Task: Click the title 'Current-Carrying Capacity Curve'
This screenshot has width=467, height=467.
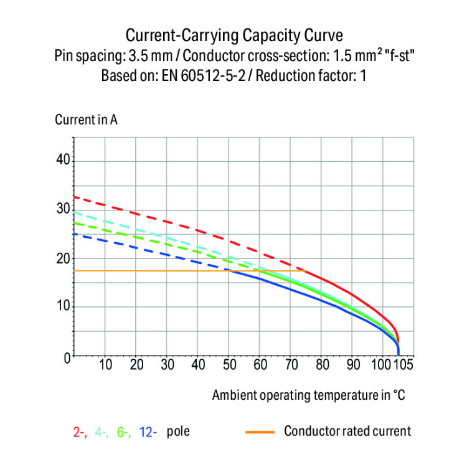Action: point(233,34)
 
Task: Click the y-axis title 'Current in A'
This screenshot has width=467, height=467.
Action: point(86,120)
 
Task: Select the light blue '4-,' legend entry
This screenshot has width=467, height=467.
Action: point(102,431)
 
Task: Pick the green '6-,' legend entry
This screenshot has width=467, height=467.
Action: point(123,431)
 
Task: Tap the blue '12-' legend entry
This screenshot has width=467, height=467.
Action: point(148,431)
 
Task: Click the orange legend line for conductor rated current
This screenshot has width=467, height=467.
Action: point(257,431)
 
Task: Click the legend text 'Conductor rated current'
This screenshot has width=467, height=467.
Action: point(347,431)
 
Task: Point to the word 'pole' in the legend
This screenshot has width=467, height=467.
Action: point(178,431)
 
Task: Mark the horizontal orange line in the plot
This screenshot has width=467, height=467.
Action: point(187,271)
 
